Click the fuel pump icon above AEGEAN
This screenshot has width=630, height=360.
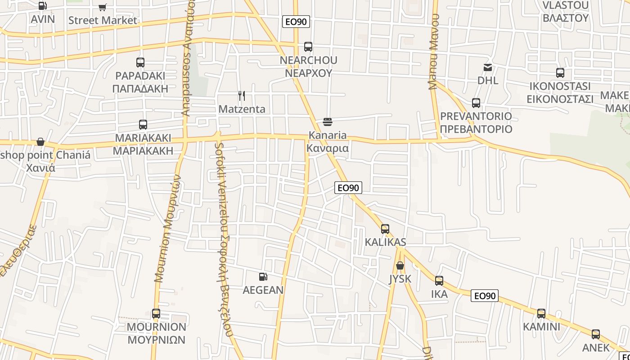pyautogui.click(x=263, y=277)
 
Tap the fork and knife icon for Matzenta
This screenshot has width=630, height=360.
pyautogui.click(x=242, y=96)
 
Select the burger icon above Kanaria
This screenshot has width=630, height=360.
pyautogui.click(x=327, y=122)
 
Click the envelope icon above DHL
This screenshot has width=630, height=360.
pyautogui.click(x=488, y=67)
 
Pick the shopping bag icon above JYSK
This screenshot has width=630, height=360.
pyautogui.click(x=400, y=265)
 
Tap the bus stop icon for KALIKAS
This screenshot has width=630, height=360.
pyautogui.click(x=385, y=229)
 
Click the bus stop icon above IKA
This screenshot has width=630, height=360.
pyautogui.click(x=439, y=281)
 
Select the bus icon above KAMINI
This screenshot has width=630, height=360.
pyautogui.click(x=541, y=314)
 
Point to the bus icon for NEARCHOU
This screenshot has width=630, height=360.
pyautogui.click(x=308, y=47)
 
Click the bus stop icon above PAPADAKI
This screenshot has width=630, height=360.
pyautogui.click(x=140, y=63)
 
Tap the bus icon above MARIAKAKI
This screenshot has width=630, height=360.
pyautogui.click(x=143, y=125)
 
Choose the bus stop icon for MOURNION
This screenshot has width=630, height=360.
pyautogui.click(x=156, y=314)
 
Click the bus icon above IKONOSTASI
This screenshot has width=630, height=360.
pyautogui.click(x=560, y=73)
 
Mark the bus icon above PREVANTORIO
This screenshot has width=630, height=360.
pyautogui.click(x=476, y=103)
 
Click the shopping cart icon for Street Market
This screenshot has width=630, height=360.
pyautogui.click(x=103, y=7)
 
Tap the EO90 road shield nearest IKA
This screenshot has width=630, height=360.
pyautogui.click(x=485, y=296)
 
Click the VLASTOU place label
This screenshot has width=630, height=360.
pyautogui.click(x=565, y=5)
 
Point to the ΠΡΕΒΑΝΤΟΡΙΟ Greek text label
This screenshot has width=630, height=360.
pyautogui.click(x=476, y=129)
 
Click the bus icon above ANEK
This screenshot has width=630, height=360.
pyautogui.click(x=596, y=334)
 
